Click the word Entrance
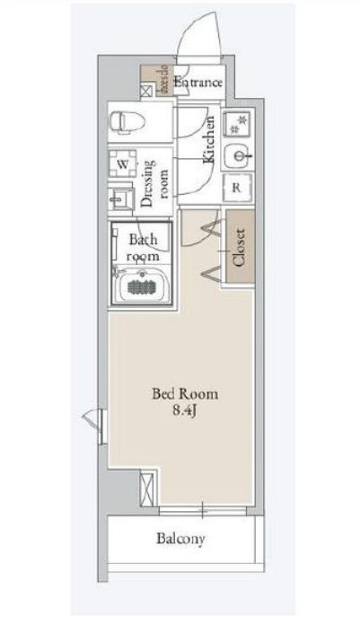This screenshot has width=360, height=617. tap(198, 84)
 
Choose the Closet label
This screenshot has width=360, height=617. tap(239, 248)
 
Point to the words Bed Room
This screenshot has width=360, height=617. tap(185, 393)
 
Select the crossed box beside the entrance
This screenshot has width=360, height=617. tap(147, 90)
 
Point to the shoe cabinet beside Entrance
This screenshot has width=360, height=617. tap(164, 81)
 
